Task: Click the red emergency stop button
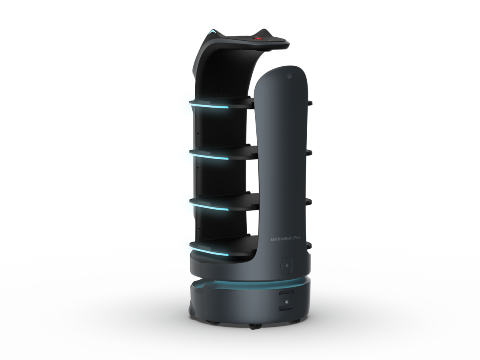258,39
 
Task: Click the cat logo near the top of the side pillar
290,76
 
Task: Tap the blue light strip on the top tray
209,106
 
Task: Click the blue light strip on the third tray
209,206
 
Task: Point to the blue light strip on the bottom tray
209,251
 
